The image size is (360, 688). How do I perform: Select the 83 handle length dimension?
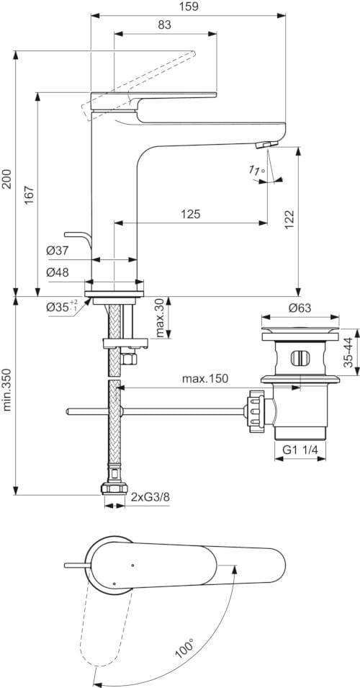point(165,25)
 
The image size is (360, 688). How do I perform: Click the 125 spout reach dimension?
point(190,214)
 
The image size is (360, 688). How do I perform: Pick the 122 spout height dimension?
point(287,220)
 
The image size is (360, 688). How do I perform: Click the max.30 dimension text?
point(161,318)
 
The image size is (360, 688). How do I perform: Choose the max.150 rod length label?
point(204,378)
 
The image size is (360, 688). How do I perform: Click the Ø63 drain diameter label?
point(299,308)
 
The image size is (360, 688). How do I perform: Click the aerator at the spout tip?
point(265,146)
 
